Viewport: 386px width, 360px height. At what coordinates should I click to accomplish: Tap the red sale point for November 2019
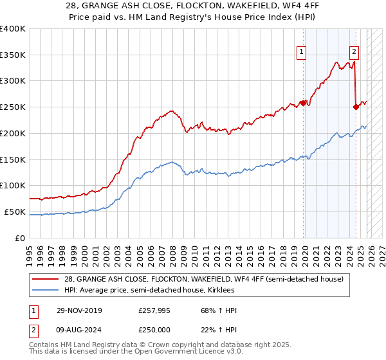click(x=303, y=102)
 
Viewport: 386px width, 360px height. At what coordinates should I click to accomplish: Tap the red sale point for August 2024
click(x=356, y=107)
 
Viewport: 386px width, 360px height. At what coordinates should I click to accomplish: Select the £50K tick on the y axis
click(x=15, y=212)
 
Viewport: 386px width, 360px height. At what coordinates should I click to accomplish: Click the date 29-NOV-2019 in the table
click(x=79, y=310)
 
